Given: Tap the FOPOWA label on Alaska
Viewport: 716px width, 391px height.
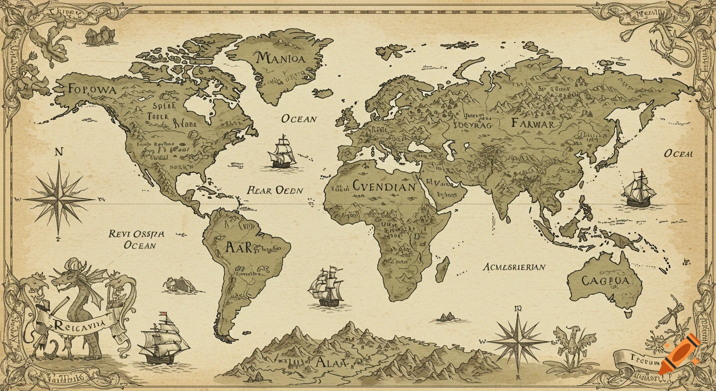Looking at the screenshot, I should (x=92, y=89).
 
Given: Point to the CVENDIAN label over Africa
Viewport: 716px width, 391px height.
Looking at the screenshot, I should (x=384, y=186).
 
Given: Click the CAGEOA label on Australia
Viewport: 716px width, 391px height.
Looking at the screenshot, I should (x=605, y=281).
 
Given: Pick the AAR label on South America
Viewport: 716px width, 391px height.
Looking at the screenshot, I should (x=238, y=248).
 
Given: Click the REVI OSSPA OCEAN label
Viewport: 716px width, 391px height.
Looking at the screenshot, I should (x=137, y=239).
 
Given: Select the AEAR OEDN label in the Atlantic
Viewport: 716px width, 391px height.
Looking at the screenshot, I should (x=275, y=190).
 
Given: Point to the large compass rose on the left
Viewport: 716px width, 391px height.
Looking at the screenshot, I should (x=59, y=198).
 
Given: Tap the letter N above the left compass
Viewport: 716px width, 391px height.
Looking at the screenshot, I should (x=58, y=151).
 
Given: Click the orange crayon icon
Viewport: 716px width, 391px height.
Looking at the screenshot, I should (x=679, y=354).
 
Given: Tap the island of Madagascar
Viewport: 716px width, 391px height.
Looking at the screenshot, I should (x=442, y=269).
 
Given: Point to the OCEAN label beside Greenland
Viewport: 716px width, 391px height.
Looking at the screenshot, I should (x=299, y=119).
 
